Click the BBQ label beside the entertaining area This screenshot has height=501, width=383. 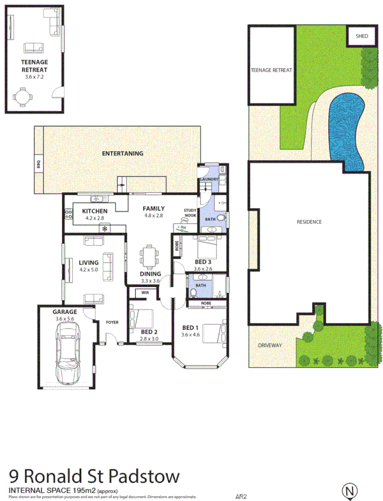tap(38, 164)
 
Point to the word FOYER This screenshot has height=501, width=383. tap(113, 322)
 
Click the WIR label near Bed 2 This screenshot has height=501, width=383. tap(145, 293)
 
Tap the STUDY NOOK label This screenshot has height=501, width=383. tap(190, 213)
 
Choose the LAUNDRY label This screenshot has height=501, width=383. tap(210, 179)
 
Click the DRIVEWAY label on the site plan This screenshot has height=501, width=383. tap(270, 345)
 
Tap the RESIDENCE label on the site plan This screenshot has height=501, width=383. tap(308, 222)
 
